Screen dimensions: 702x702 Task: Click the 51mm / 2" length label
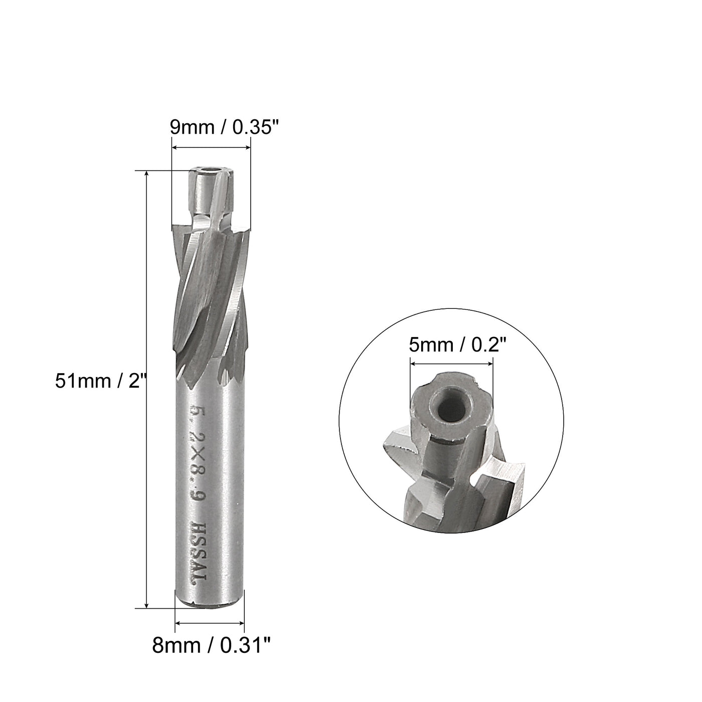click(100, 381)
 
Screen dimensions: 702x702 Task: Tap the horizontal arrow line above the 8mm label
click(210, 623)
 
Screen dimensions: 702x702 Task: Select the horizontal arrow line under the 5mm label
click(451, 365)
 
